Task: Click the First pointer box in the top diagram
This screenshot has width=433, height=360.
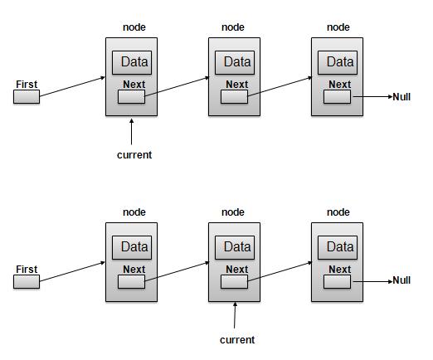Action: pyautogui.click(x=27, y=98)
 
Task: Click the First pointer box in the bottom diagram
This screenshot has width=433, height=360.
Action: pyautogui.click(x=27, y=282)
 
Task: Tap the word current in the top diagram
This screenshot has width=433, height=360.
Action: pyautogui.click(x=134, y=155)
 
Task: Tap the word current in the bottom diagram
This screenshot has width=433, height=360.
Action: pyautogui.click(x=236, y=339)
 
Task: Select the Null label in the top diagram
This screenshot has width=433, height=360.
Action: pyautogui.click(x=401, y=96)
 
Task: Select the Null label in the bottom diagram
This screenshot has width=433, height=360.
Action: pyautogui.click(x=401, y=280)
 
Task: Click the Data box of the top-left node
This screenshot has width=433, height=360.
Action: pyautogui.click(x=134, y=62)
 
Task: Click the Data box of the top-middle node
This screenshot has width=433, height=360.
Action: pyautogui.click(x=236, y=62)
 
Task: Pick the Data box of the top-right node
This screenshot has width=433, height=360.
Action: pyautogui.click(x=339, y=62)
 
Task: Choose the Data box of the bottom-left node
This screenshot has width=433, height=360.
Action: pyautogui.click(x=134, y=247)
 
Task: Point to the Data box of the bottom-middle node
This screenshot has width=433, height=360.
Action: pyautogui.click(x=236, y=247)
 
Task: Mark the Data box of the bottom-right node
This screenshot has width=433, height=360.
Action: pyautogui.click(x=339, y=247)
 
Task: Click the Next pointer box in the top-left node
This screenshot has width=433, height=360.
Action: pyautogui.click(x=131, y=97)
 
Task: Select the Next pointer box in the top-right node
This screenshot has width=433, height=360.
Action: pyautogui.click(x=338, y=97)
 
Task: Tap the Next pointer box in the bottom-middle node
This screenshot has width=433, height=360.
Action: pyautogui.click(x=235, y=282)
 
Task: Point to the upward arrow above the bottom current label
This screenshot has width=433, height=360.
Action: pyautogui.click(x=236, y=315)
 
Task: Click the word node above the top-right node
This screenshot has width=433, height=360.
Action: pyautogui.click(x=338, y=27)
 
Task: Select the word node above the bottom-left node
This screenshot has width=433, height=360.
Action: pyautogui.click(x=134, y=212)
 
